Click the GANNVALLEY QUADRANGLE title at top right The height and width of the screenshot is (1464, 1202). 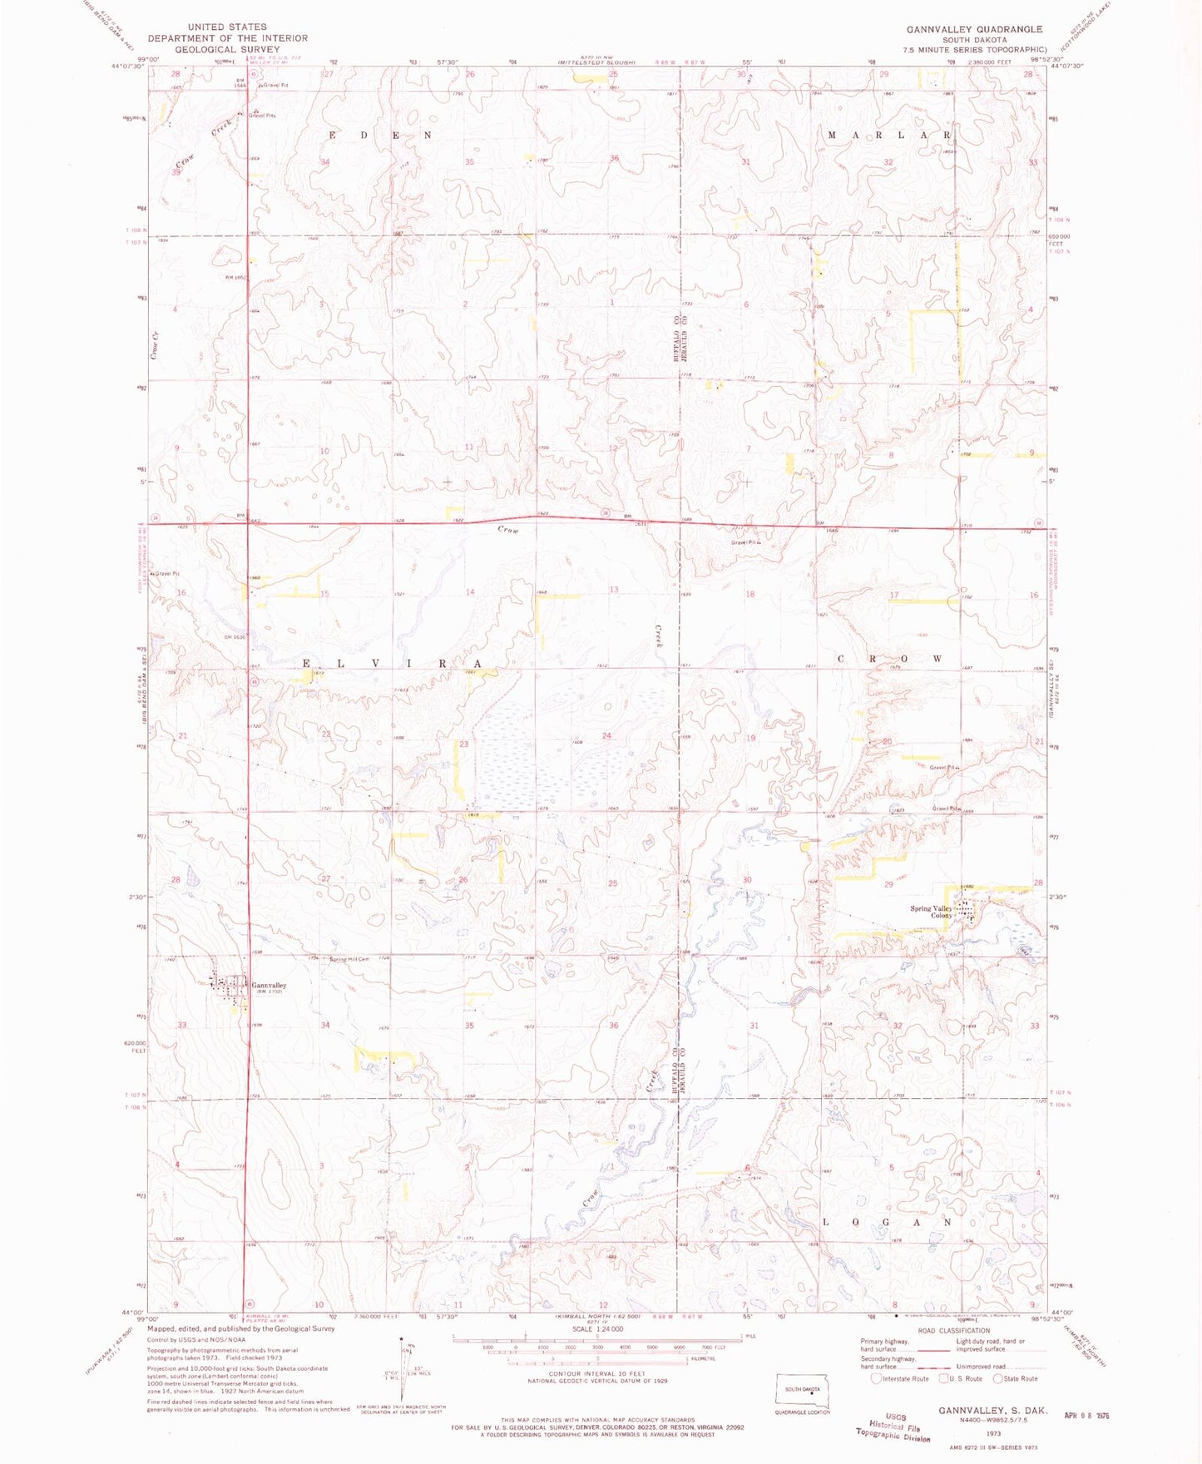point(974,29)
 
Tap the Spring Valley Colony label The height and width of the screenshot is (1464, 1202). point(931,912)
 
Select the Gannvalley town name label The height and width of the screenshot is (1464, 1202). point(269,985)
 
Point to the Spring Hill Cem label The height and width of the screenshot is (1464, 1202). point(349,959)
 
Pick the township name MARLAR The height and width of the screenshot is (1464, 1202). point(888,135)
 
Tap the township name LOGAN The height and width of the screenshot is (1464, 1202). point(886,1222)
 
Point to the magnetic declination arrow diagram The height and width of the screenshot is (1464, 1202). point(408,1369)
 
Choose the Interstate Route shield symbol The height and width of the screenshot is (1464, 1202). point(876,1377)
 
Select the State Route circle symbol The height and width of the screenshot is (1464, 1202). point(999,1377)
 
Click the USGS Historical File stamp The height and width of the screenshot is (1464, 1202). point(893,1426)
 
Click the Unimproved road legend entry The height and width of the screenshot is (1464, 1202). point(998,1366)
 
